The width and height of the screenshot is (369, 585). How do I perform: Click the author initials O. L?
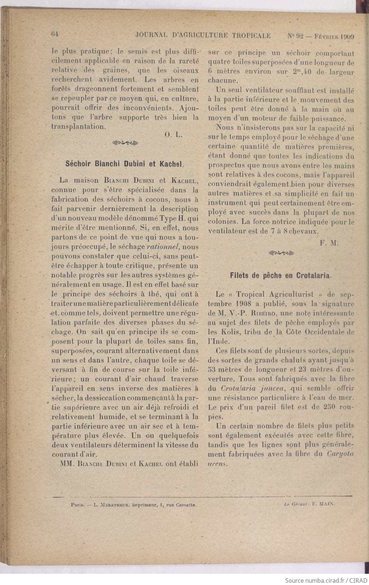point(173,135)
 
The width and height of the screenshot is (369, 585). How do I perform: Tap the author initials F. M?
point(329,243)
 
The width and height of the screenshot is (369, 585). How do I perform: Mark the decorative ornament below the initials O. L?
point(125,142)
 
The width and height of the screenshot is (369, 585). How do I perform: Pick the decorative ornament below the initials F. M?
point(281,253)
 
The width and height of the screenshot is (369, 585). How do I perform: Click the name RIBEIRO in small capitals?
point(255,313)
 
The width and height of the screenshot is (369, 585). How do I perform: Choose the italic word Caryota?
point(341,454)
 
